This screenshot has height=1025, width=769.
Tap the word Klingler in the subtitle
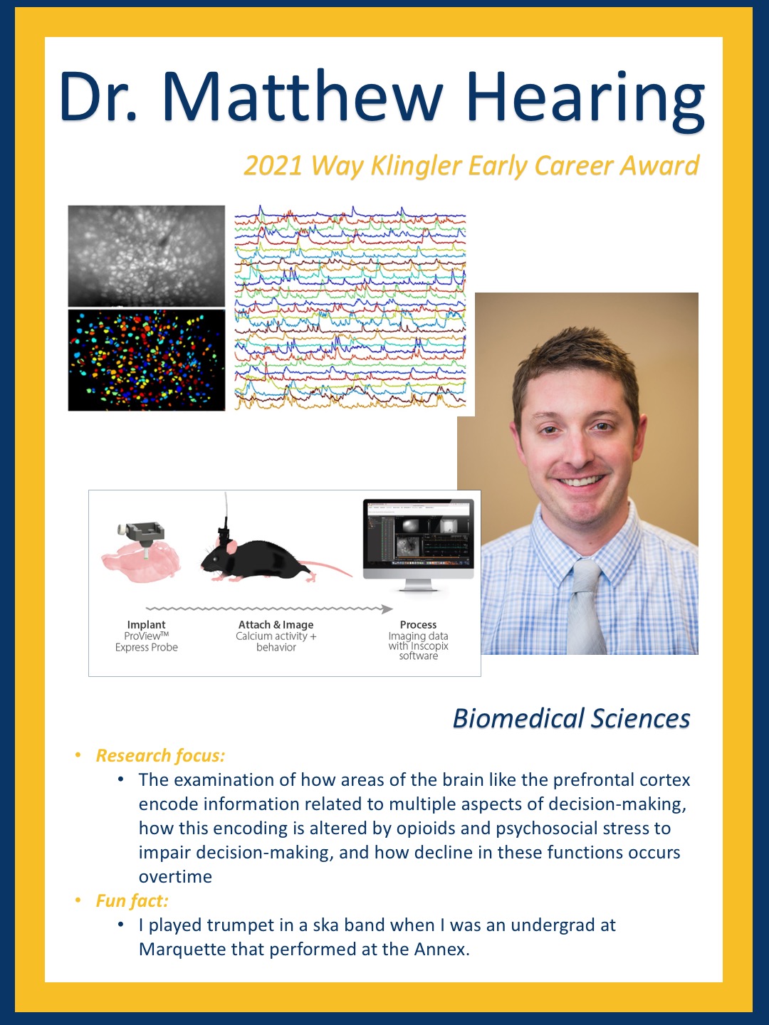click(416, 167)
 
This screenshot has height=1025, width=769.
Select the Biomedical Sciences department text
click(571, 717)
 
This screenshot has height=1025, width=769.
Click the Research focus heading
click(160, 755)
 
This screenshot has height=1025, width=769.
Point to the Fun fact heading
click(132, 900)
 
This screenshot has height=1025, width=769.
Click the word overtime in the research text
click(175, 876)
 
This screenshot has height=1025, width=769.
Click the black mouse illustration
click(276, 558)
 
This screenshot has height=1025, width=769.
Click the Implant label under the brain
click(146, 624)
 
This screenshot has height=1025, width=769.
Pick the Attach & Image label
click(276, 624)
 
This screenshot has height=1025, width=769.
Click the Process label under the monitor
click(418, 624)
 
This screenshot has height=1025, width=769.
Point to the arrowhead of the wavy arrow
click(387, 609)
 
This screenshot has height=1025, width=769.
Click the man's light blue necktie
click(585, 607)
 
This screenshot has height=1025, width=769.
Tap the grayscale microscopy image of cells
click(146, 256)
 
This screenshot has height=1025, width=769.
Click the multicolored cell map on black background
click(146, 360)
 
